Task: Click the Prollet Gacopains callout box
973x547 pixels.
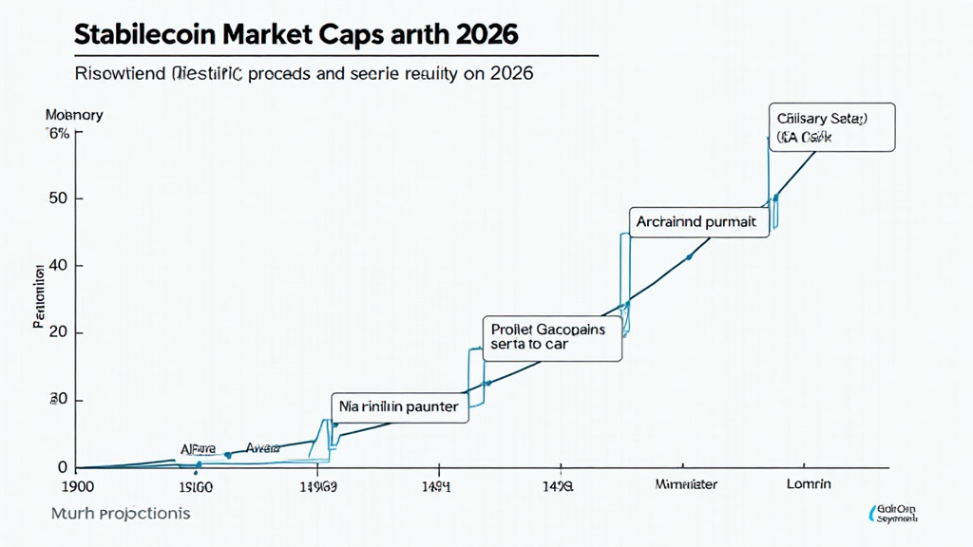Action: (552, 337)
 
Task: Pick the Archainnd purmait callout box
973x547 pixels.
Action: (697, 222)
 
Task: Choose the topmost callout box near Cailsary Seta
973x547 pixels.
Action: (830, 128)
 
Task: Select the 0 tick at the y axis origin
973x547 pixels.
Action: (63, 467)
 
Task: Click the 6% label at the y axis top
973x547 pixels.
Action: (58, 134)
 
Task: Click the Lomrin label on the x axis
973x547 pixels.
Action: (809, 484)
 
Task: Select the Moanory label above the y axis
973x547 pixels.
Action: (74, 116)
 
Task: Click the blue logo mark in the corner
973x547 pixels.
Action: (875, 515)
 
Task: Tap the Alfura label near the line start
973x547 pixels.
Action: (198, 447)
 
